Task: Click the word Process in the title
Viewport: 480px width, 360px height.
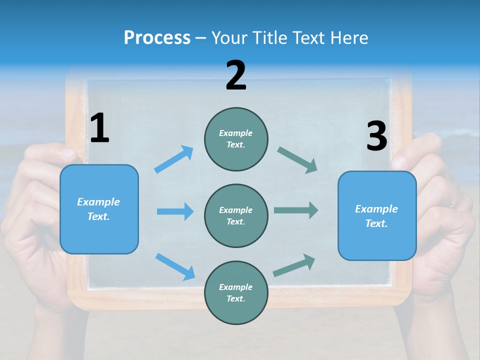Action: (x=157, y=37)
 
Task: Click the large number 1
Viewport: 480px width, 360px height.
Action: (x=99, y=128)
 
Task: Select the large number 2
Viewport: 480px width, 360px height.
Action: (x=236, y=75)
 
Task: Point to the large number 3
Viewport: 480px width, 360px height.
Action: (x=376, y=136)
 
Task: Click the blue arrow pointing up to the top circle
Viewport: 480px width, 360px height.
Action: (x=174, y=159)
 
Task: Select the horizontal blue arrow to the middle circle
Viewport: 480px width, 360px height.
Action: (x=175, y=211)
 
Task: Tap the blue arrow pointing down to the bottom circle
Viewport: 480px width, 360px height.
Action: (x=175, y=266)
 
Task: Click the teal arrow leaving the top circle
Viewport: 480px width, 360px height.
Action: (x=297, y=159)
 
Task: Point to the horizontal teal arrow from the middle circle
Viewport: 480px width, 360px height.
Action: (x=296, y=210)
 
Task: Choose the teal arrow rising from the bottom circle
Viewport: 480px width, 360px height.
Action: (x=294, y=265)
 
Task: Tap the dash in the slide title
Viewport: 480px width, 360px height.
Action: (x=200, y=38)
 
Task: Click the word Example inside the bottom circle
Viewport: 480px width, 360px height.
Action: (x=235, y=287)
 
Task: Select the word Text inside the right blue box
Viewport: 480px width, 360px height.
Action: (x=375, y=223)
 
